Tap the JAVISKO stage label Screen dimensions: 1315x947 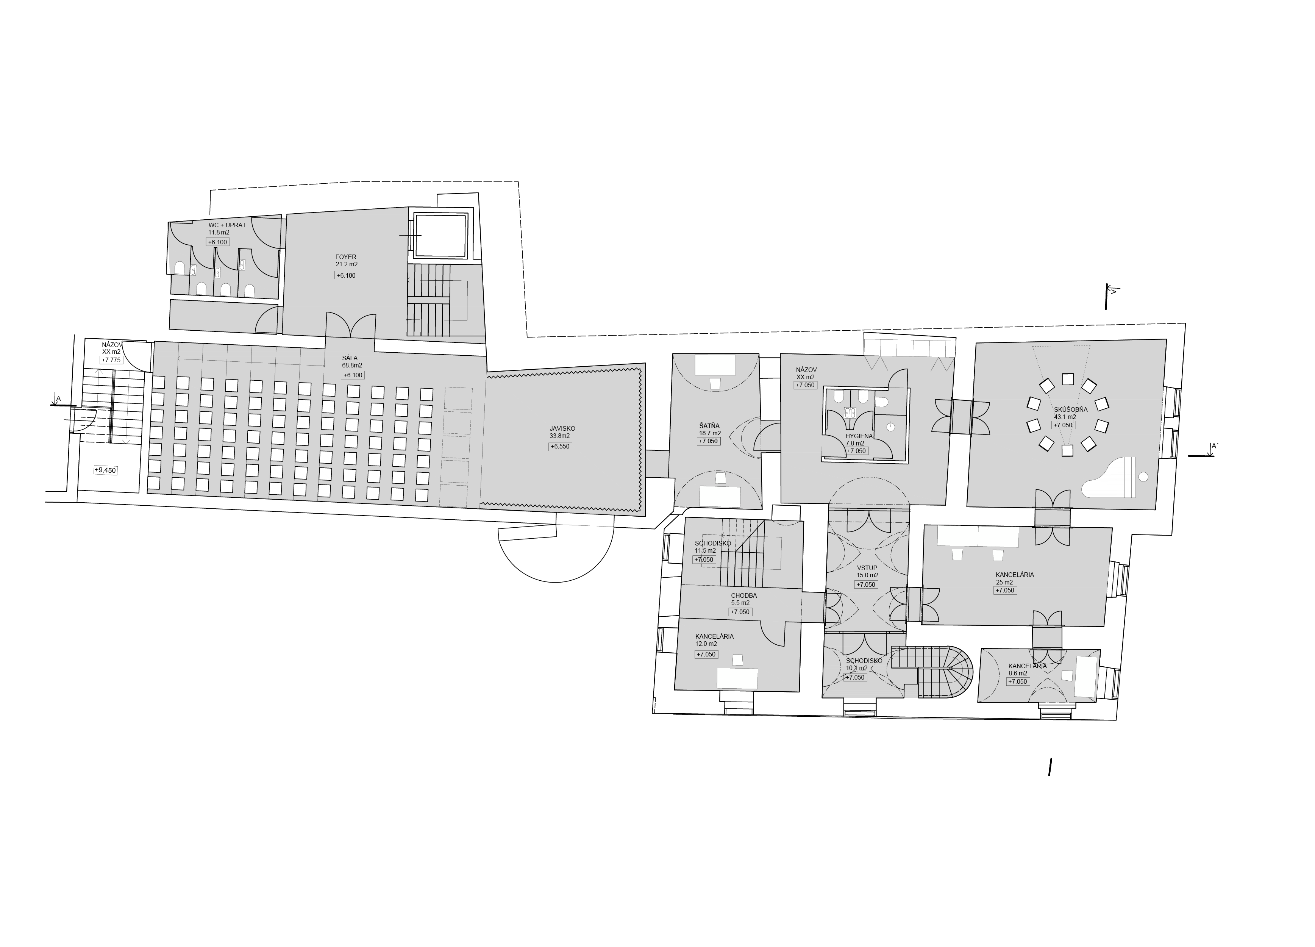[562, 428]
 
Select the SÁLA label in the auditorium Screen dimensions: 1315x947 [350, 358]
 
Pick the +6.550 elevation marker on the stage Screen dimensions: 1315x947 [560, 447]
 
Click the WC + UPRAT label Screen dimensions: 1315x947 [227, 225]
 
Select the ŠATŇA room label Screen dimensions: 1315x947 [709, 426]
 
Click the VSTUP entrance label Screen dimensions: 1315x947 [867, 568]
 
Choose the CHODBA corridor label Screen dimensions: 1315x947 [744, 595]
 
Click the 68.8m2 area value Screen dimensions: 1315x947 [352, 365]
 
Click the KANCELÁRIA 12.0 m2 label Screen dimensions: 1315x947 [714, 640]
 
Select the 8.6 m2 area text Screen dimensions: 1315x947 [1018, 673]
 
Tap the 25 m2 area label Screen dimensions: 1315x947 [1005, 582]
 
